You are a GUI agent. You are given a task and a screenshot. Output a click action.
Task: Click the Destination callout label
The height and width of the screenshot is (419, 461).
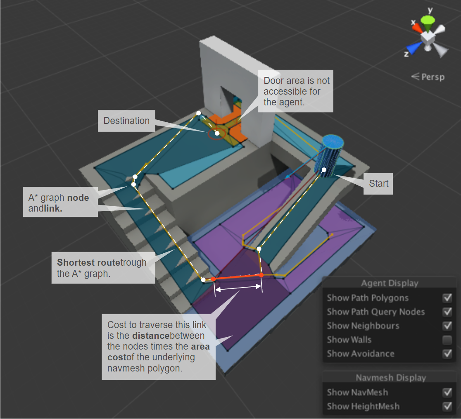click(126, 121)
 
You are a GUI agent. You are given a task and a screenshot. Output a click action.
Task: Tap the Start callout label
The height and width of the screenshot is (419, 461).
click(378, 183)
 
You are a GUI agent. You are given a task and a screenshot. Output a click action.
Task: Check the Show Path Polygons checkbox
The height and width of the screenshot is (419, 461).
click(447, 298)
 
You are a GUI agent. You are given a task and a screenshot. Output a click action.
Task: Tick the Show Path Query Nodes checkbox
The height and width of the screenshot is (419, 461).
click(447, 312)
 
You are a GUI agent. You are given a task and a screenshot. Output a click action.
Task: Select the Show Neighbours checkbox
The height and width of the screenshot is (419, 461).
click(447, 326)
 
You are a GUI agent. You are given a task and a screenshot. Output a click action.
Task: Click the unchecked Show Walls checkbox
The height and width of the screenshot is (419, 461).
click(447, 340)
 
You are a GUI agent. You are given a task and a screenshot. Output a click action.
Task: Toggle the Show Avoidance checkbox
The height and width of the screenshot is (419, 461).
click(447, 354)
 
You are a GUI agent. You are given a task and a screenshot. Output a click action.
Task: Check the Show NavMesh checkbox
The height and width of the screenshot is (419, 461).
click(447, 392)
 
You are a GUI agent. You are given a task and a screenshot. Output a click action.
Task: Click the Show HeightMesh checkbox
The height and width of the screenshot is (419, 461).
click(447, 406)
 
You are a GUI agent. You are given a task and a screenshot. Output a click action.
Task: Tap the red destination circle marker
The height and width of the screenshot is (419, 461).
click(217, 133)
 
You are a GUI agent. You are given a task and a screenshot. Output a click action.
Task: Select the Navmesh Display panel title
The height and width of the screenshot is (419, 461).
click(391, 378)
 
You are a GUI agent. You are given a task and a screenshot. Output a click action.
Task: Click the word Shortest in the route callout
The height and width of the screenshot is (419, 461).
click(76, 262)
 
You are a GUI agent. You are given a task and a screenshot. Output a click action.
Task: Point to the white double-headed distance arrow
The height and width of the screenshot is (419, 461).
click(238, 289)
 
